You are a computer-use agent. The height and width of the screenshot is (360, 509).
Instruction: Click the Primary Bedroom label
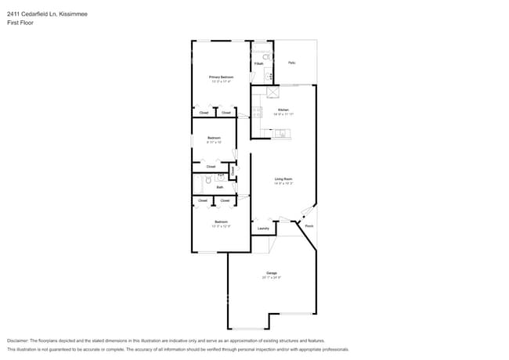221,77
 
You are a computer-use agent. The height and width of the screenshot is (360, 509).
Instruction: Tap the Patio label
292,63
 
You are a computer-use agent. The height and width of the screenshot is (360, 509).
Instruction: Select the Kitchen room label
283,110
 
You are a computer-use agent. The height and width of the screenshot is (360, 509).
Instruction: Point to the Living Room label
283,179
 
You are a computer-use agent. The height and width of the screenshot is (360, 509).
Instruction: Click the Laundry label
263,229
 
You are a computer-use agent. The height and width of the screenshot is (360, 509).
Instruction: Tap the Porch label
309,226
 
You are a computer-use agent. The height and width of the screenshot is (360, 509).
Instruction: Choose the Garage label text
272,273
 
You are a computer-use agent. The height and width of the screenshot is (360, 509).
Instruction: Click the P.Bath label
258,63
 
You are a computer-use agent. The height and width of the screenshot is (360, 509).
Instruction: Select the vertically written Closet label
233,171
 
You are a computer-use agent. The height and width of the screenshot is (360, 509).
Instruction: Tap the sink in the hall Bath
220,178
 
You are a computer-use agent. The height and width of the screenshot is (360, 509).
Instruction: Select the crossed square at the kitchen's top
273,92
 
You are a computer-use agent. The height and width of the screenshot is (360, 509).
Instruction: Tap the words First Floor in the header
20,23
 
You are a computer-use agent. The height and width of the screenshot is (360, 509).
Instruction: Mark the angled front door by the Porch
308,213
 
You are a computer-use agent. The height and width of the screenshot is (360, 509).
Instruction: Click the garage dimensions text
272,278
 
